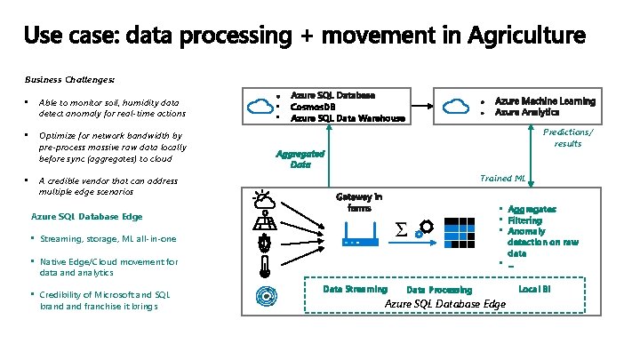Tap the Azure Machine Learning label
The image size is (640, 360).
click(x=545, y=101)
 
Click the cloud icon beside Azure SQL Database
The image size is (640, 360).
click(x=260, y=107)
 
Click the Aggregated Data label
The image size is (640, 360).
click(x=300, y=158)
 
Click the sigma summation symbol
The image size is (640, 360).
click(x=401, y=230)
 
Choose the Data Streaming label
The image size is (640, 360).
click(x=355, y=289)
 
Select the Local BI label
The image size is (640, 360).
click(x=534, y=289)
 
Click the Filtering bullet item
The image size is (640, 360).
click(x=524, y=220)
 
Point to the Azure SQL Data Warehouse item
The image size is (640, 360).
click(x=348, y=118)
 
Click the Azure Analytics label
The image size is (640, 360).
click(x=527, y=113)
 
